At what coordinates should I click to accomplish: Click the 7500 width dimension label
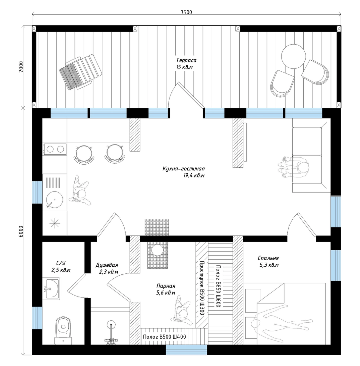[186, 12]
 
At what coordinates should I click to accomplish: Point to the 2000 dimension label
[21, 67]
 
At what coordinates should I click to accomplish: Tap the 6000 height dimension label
[21, 232]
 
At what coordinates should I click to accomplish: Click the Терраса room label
[186, 60]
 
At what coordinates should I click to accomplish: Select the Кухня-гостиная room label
[183, 169]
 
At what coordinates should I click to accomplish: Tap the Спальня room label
[268, 258]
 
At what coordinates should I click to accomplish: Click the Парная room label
[166, 286]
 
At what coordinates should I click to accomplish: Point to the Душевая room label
[107, 265]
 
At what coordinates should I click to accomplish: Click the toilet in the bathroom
[63, 330]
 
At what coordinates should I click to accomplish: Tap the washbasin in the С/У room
[52, 289]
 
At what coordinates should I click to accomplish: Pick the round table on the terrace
[294, 56]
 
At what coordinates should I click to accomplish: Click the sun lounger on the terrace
[81, 72]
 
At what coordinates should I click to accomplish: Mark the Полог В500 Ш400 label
[164, 336]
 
